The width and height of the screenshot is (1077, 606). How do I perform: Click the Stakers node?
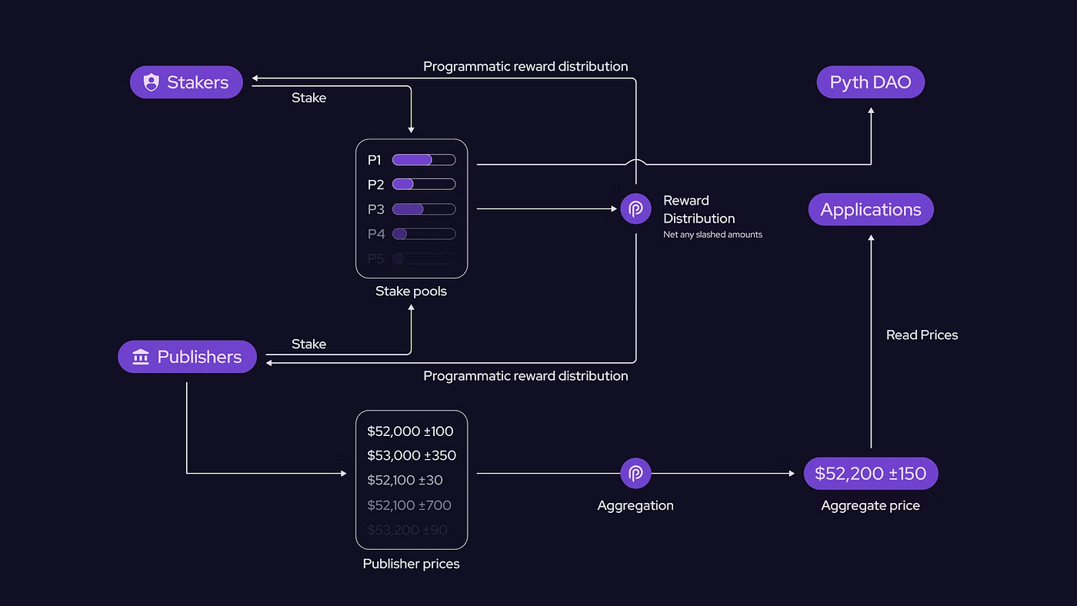pyautogui.click(x=186, y=82)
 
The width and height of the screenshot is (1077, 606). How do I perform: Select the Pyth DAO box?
pyautogui.click(x=870, y=82)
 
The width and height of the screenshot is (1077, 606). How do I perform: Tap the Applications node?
pyautogui.click(x=870, y=209)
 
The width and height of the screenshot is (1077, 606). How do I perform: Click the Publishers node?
pyautogui.click(x=187, y=357)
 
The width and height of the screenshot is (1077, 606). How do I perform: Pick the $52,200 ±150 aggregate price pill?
pyautogui.click(x=870, y=474)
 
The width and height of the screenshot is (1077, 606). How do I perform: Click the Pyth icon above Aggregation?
pyautogui.click(x=635, y=474)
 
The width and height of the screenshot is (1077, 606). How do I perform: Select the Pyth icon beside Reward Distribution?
pyautogui.click(x=635, y=208)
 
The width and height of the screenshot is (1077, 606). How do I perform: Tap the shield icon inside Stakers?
pyautogui.click(x=152, y=82)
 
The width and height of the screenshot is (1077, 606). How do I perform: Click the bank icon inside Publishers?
pyautogui.click(x=141, y=357)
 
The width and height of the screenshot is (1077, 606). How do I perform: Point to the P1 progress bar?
pyautogui.click(x=424, y=160)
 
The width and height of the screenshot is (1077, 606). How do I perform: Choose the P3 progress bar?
pyautogui.click(x=424, y=209)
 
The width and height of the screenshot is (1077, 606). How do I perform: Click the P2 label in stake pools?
pyautogui.click(x=375, y=185)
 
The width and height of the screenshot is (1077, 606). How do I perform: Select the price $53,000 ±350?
pyautogui.click(x=412, y=455)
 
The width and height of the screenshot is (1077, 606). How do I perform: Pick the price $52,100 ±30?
pyautogui.click(x=405, y=480)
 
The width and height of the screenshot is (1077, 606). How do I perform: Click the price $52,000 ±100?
pyautogui.click(x=410, y=431)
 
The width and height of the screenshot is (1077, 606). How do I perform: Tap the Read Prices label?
pyautogui.click(x=922, y=335)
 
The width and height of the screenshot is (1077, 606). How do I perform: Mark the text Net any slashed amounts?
pyautogui.click(x=712, y=235)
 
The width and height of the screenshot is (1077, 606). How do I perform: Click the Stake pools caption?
pyautogui.click(x=411, y=291)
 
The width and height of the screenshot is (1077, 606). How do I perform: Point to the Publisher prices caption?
pyautogui.click(x=411, y=564)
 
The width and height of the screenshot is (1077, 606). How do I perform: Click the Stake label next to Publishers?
pyautogui.click(x=308, y=344)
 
